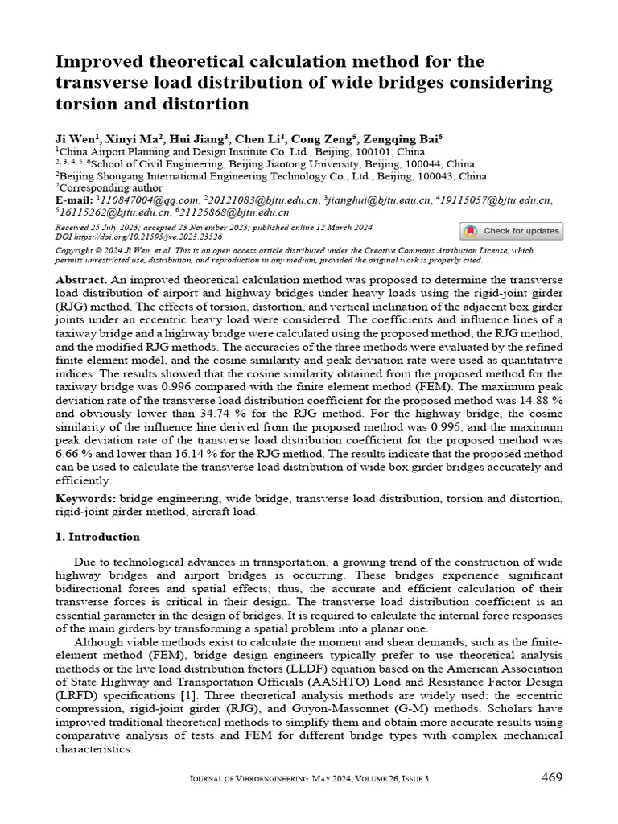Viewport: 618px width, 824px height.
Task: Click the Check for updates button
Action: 511,231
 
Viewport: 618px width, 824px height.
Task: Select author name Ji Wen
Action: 72,138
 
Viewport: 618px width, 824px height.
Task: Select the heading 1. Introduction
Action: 97,537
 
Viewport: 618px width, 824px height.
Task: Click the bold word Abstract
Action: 82,278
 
